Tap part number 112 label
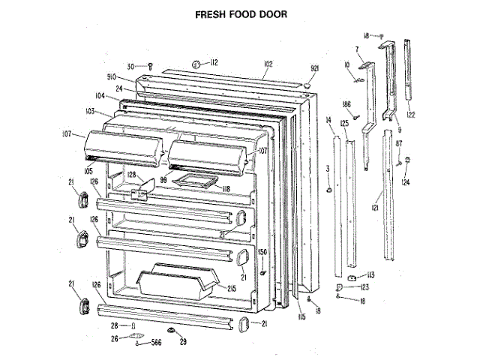tap(213, 62)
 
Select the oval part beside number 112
tap(196, 64)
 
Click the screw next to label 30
tap(151, 67)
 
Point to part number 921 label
tap(314, 68)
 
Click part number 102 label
tap(268, 64)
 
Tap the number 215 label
tap(232, 287)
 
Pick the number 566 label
tap(155, 343)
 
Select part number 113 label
tap(370, 276)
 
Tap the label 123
tap(364, 286)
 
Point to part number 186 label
tap(347, 104)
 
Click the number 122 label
tap(410, 115)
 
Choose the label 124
tap(406, 181)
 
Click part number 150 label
tap(262, 252)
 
